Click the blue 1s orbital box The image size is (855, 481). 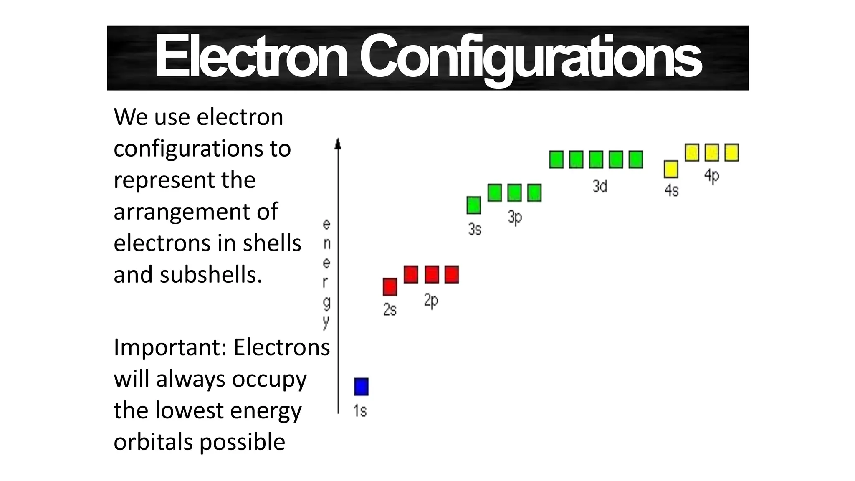point(361,387)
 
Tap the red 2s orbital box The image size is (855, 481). point(390,287)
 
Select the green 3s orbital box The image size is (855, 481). point(473,205)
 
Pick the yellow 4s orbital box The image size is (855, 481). point(671,169)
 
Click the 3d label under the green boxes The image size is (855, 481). point(600,186)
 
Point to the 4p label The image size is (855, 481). point(711,176)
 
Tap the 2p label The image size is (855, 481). point(431,301)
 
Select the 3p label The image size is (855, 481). point(514,218)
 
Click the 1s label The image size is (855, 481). point(360,411)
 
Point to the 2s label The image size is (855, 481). point(390,310)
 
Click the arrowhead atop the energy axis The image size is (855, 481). point(338,144)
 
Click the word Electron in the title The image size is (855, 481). point(251,57)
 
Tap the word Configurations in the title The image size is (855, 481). point(530,57)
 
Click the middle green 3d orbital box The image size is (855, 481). point(596,159)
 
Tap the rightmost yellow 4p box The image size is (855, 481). point(731,152)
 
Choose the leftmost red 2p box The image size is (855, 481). point(411,274)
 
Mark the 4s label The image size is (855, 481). point(671,190)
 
